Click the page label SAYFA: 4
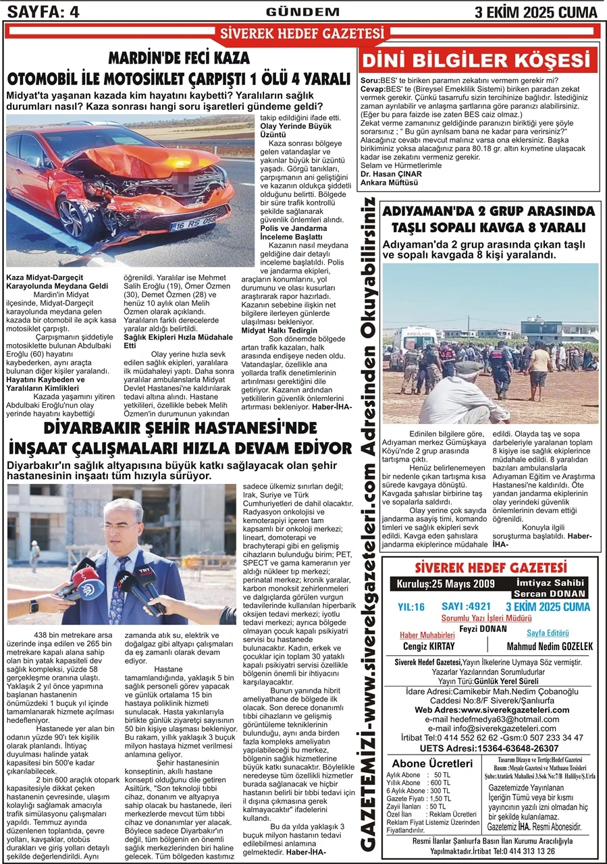click(x=42, y=11)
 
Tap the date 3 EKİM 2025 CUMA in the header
click(x=537, y=11)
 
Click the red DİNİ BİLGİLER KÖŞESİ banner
click(x=480, y=61)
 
